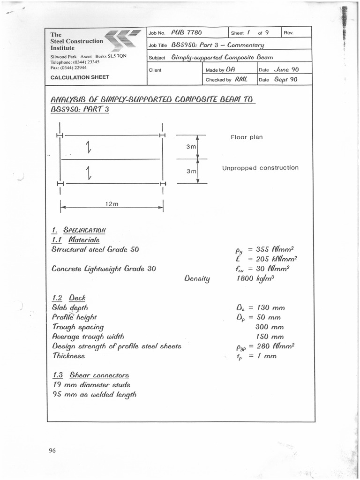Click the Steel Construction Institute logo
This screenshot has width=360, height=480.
(123, 40)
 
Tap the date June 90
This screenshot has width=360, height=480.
(286, 69)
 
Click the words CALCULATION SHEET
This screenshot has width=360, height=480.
(80, 77)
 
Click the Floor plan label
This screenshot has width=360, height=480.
(247, 137)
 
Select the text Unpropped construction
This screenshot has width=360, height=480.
(260, 168)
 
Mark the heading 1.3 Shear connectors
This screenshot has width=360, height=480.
(90, 375)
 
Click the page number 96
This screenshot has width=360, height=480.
(52, 451)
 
